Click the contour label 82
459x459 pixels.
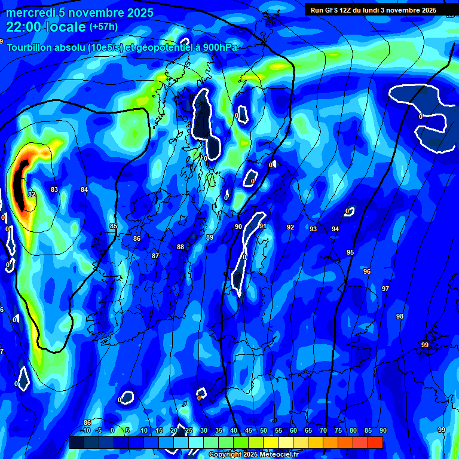pos(32,194)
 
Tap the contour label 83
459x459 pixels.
pos(54,189)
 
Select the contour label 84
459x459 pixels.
pos(84,189)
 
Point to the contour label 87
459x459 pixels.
pos(155,256)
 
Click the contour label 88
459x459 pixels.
pos(180,247)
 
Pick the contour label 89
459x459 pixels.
pos(210,237)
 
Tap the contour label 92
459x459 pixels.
pos(290,227)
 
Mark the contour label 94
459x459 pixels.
pos(335,229)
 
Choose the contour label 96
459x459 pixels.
pos(367,271)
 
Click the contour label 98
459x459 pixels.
pos(400,316)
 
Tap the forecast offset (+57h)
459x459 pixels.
pos(103,27)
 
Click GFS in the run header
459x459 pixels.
pos(332,10)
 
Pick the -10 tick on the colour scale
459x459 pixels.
pos(85,430)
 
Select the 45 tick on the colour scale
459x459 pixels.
pos(248,430)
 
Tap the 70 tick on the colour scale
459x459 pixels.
pos(323,430)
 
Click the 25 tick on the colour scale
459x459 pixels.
pos(188,430)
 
